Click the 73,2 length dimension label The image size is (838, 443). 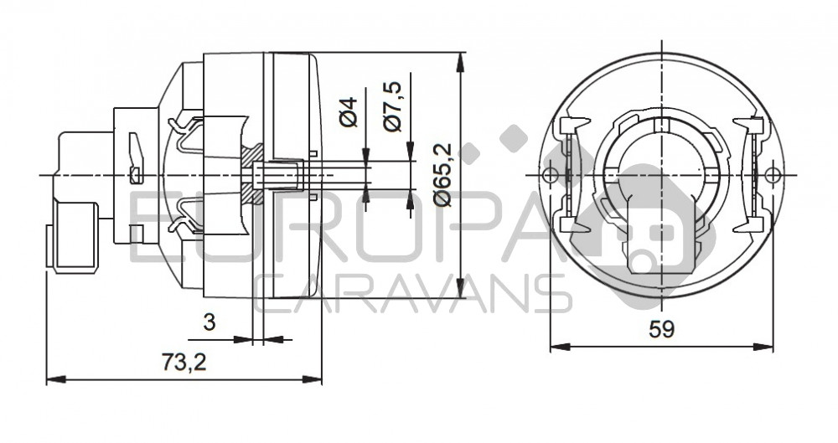click(184, 363)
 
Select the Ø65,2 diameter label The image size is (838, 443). click(443, 174)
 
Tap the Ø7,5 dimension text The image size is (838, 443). click(393, 106)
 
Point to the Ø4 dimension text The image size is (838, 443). click(349, 112)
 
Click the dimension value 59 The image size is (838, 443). click(662, 329)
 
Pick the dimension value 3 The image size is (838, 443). click(209, 322)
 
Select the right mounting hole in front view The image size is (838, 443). click(773, 175)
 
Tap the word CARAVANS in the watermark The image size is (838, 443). click(412, 293)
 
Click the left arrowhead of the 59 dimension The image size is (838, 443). click(559, 348)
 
